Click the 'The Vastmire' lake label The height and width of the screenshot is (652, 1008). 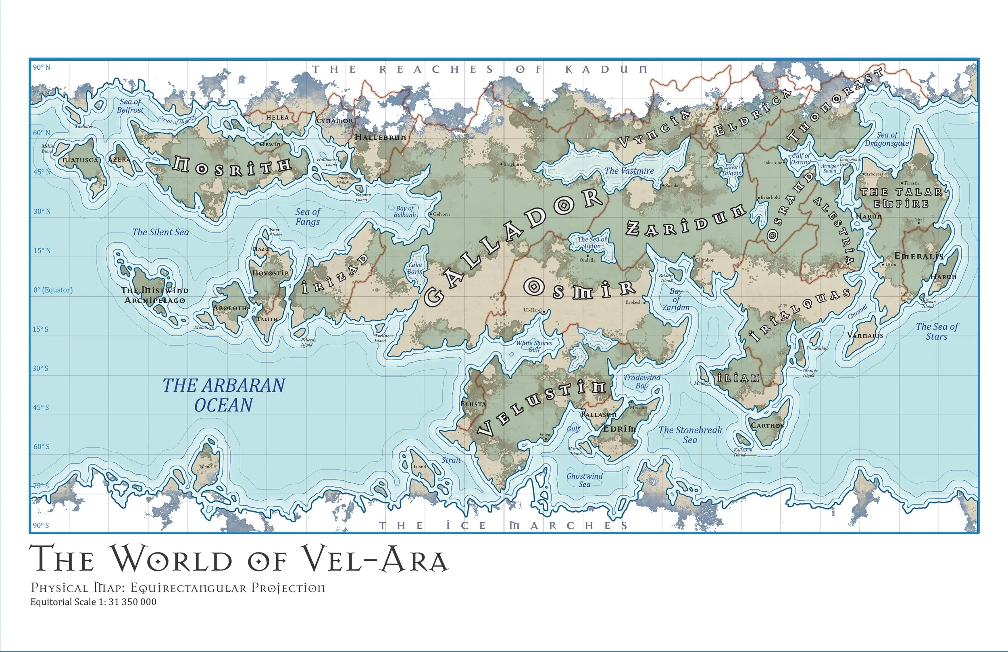(629, 171)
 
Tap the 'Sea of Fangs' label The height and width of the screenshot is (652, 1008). (308, 217)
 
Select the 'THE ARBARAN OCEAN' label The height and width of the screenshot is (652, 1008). (224, 395)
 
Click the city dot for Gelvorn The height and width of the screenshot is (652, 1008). (431, 214)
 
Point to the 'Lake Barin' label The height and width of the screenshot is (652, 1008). (415, 268)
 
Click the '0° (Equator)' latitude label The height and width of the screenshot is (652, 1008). (53, 290)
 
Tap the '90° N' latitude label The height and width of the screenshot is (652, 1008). (42, 67)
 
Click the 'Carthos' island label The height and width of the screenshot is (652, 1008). (767, 426)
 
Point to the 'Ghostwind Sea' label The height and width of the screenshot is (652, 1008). (585, 480)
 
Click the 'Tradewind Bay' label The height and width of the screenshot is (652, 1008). (641, 382)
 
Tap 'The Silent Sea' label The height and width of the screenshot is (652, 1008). (160, 232)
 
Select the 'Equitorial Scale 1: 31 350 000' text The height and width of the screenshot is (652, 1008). (93, 602)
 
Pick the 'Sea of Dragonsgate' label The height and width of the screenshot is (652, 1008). (887, 139)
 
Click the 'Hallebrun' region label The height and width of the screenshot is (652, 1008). (380, 137)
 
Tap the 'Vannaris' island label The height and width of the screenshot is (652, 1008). (865, 336)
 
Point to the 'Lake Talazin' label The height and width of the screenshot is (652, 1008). (731, 170)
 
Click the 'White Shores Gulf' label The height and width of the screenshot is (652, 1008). (534, 346)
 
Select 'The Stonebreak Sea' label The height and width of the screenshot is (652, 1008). (690, 435)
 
